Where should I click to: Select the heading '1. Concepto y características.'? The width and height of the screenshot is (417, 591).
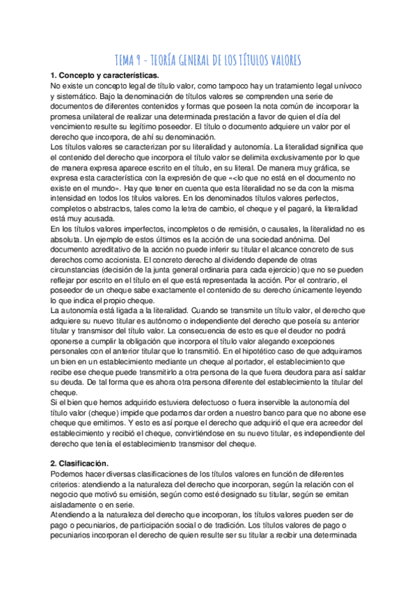click(104, 75)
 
